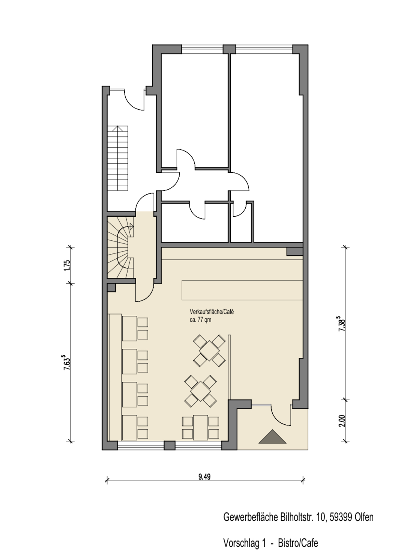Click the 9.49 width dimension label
click(204, 477)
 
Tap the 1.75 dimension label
click(67, 265)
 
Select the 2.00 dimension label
click(342, 421)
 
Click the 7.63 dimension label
click(66, 362)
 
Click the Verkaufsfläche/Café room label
click(212, 312)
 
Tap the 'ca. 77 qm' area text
click(201, 320)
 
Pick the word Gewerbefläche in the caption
click(251, 517)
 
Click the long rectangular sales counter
click(242, 290)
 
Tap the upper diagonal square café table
click(209, 351)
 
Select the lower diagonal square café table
click(201, 391)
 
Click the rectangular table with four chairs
click(201, 427)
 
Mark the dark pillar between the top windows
click(229, 49)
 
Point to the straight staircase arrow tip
click(118, 127)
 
